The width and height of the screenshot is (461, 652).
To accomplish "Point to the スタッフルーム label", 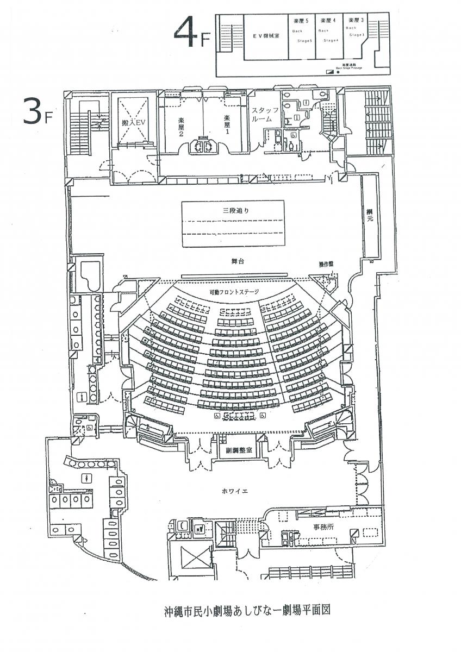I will pos(264,114).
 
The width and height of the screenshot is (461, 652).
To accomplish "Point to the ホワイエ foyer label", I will pos(235,491).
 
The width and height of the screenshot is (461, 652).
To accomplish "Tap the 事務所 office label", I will pos(308,526).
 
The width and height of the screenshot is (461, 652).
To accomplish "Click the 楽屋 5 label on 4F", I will pos(300,20).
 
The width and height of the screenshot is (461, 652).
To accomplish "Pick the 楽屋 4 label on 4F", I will pos(328,20).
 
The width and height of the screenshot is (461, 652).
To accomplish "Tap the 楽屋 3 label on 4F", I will pos(356,20).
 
